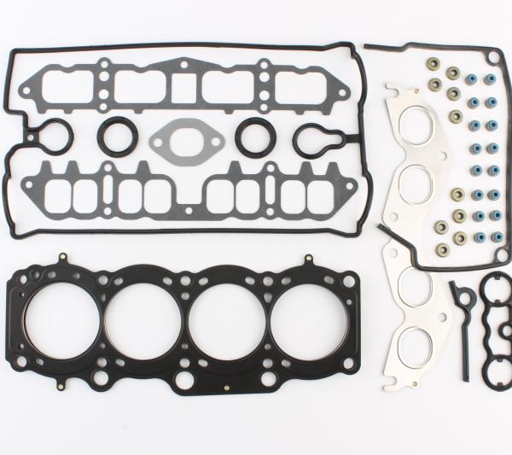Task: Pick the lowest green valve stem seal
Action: coord(442,250)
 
